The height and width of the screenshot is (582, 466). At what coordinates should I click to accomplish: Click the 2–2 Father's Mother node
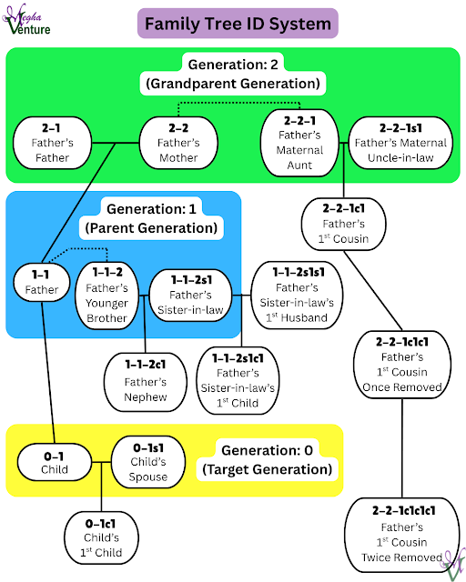coord(177,142)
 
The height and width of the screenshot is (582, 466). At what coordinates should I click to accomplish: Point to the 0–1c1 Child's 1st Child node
coord(100,537)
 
